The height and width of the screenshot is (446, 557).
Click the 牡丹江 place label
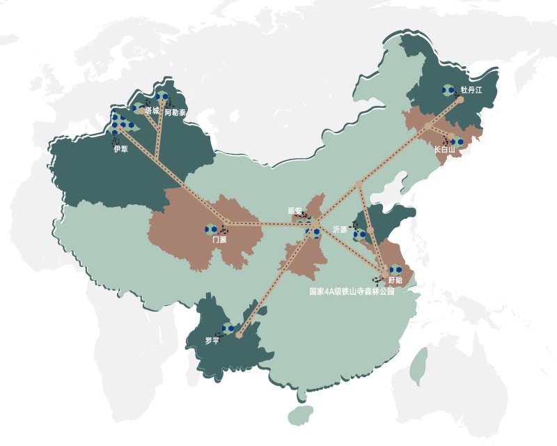pos(471,90)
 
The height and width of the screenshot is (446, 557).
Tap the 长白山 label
pos(444,149)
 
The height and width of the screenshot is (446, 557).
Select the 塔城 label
pos(152,110)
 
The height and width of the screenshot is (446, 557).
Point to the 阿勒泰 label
pos(175,112)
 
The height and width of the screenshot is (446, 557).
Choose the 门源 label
pos(219,239)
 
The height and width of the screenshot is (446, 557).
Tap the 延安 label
pos(296,210)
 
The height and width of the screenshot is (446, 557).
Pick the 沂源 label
pos(340,229)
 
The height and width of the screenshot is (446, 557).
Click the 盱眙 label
pos(395,279)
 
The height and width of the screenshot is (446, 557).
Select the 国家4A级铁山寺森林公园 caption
pos(352,292)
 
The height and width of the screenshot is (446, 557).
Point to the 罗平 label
pos(212,341)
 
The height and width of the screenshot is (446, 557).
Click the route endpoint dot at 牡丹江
pos(460,100)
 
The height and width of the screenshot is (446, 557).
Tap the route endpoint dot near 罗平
pos(239,336)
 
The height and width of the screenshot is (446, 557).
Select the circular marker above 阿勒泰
pos(162,97)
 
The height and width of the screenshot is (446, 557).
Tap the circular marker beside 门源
pos(210,229)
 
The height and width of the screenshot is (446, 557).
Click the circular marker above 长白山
pos(457,141)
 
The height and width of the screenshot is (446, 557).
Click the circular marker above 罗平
pos(227,328)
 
